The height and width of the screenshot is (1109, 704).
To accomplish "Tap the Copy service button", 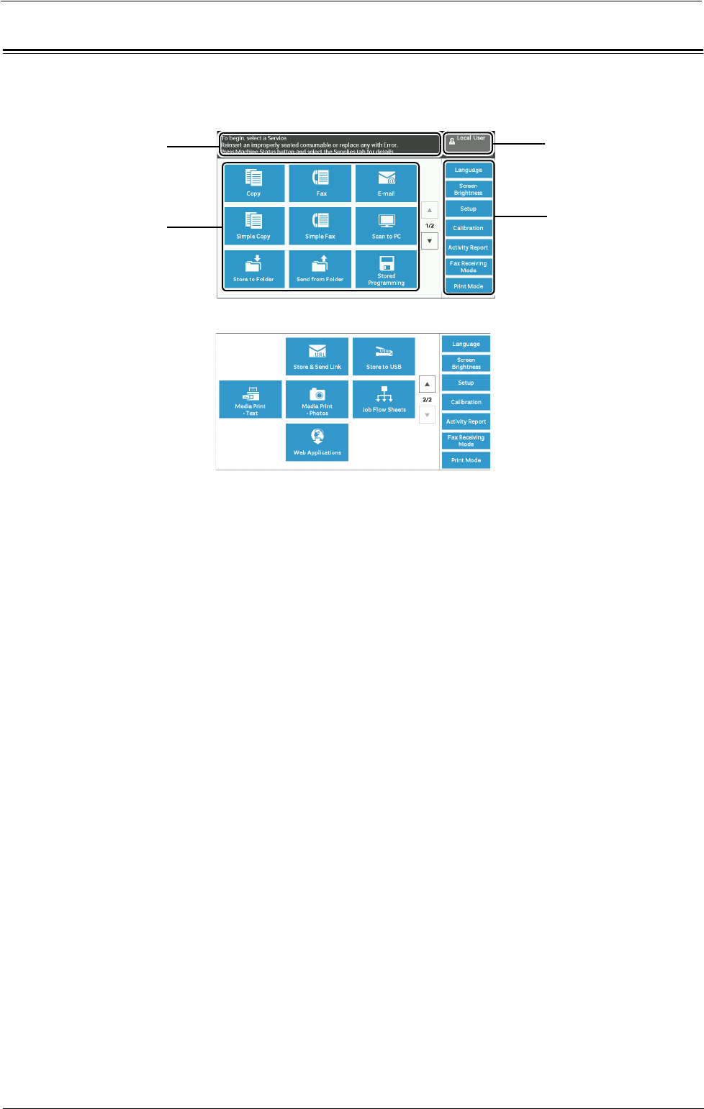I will (x=254, y=183).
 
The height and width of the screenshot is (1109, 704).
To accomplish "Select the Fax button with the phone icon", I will (x=320, y=183).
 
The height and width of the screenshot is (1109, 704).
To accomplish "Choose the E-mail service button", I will (x=387, y=183).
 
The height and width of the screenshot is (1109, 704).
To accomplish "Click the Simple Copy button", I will (x=254, y=226).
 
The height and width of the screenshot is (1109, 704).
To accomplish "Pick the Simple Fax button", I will (x=320, y=226).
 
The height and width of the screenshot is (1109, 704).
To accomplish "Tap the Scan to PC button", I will (x=387, y=226).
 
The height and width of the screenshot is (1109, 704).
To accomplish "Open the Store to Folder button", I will (x=254, y=269).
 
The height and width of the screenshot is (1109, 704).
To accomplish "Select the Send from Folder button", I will (x=320, y=269).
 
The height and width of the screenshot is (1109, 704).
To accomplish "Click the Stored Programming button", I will (x=387, y=269).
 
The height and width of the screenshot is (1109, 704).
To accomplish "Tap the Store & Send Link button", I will (x=317, y=357).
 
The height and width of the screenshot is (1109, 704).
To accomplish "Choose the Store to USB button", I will (x=384, y=357).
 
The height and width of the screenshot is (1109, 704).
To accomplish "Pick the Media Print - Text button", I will (x=251, y=399).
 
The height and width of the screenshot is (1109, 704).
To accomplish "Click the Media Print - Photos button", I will (x=317, y=399).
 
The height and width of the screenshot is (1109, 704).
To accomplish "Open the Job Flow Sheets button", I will (x=384, y=399).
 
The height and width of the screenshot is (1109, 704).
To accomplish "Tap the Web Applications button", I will (x=317, y=442).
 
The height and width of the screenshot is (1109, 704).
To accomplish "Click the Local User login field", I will (x=468, y=142).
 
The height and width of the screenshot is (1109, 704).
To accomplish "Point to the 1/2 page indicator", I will (x=430, y=226).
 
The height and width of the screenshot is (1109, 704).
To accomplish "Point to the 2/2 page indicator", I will (x=427, y=400).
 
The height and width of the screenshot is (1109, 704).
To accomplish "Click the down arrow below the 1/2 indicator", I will (x=430, y=241).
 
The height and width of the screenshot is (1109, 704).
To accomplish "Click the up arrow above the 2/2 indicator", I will (x=427, y=384).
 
